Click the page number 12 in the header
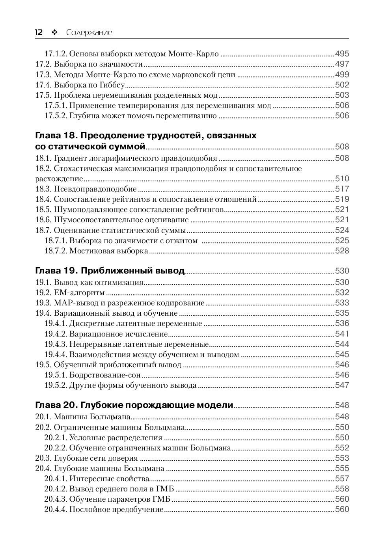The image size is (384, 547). click(x=39, y=32)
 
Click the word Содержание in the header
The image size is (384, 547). click(x=89, y=33)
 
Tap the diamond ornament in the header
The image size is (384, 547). click(x=54, y=33)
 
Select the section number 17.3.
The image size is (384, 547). click(x=43, y=74)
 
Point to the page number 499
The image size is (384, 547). click(x=342, y=74)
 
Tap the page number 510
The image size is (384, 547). click(x=342, y=179)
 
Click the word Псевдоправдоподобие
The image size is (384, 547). click(x=95, y=189)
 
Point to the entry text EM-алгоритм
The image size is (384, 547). click(x=80, y=292)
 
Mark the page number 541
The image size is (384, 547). click(x=342, y=334)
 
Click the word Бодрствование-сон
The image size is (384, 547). click(x=105, y=375)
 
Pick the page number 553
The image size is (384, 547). click(x=342, y=458)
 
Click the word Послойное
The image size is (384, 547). click(x=87, y=509)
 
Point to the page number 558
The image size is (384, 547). click(x=342, y=489)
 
